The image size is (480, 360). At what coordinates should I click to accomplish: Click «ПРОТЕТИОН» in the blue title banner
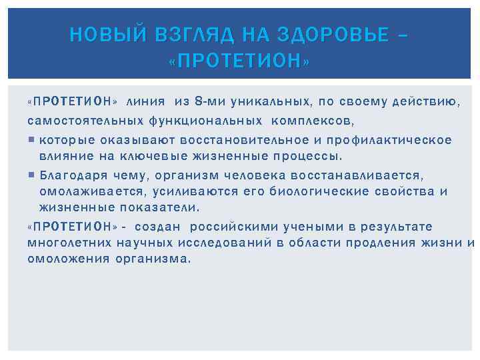pyautogui.click(x=240, y=61)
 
